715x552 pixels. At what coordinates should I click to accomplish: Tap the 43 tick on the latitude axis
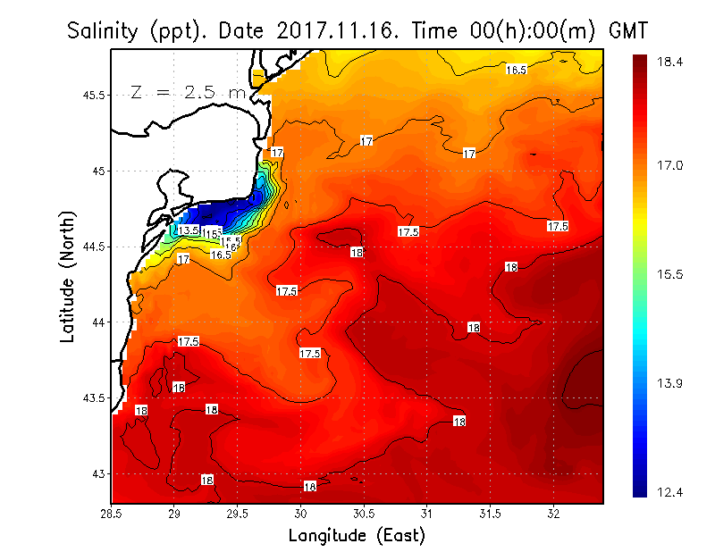click(x=97, y=473)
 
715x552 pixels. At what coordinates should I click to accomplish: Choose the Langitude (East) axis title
click(x=357, y=536)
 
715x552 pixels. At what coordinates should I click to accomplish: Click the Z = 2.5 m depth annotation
click(x=188, y=92)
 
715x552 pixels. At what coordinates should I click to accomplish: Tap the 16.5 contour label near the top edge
click(x=516, y=69)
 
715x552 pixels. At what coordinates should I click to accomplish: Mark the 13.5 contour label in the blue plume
click(x=188, y=230)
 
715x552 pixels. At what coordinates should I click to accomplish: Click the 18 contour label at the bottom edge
click(x=310, y=487)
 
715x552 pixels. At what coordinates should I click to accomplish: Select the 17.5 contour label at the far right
click(x=558, y=226)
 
